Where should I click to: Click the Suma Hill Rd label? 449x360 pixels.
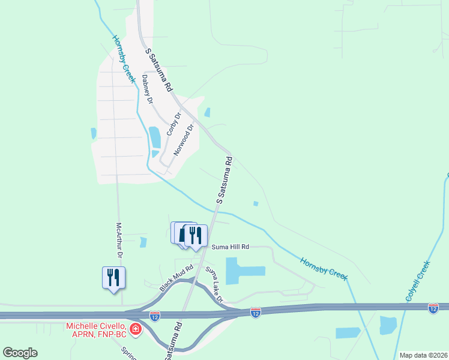tap(229, 247)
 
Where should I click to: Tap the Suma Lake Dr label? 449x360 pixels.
tap(214, 285)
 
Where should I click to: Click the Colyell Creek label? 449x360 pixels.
tap(418, 281)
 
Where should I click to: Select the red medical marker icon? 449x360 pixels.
tap(136, 329)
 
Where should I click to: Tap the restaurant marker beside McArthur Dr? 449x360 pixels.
tap(113, 278)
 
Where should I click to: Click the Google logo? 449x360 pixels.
tap(20, 353)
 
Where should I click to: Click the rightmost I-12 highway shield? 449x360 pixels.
tap(433, 308)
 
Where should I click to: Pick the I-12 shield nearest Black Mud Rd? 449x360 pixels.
tap(155, 314)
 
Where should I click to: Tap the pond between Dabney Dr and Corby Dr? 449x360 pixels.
tap(155, 138)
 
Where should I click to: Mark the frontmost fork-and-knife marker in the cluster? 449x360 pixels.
tap(196, 235)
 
